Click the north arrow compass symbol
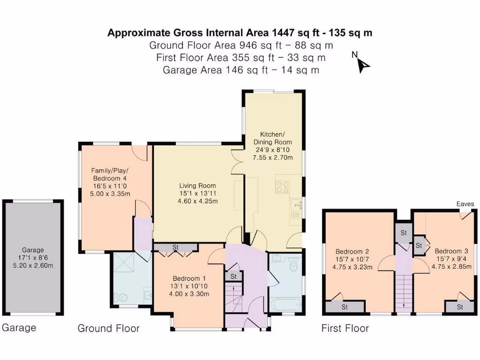(362, 64)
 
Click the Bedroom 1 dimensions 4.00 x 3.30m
(189, 294)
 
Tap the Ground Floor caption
(108, 328)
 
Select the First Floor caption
(345, 328)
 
